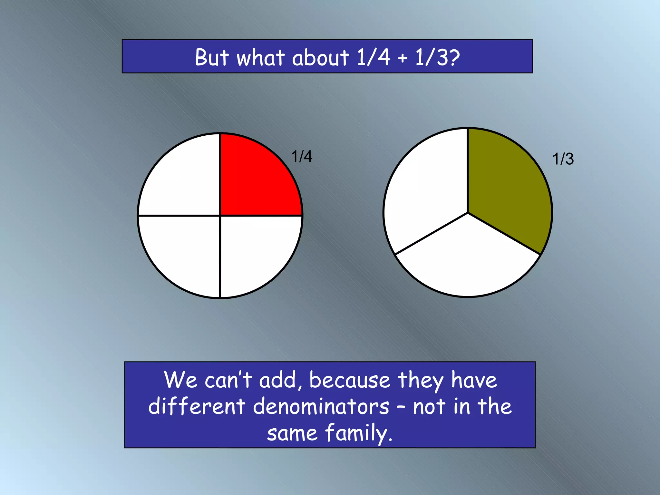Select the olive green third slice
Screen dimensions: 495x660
(506, 187)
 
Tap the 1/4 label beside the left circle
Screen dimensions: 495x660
(302, 157)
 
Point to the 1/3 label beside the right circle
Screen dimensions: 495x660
(563, 159)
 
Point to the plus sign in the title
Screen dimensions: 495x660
(402, 59)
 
